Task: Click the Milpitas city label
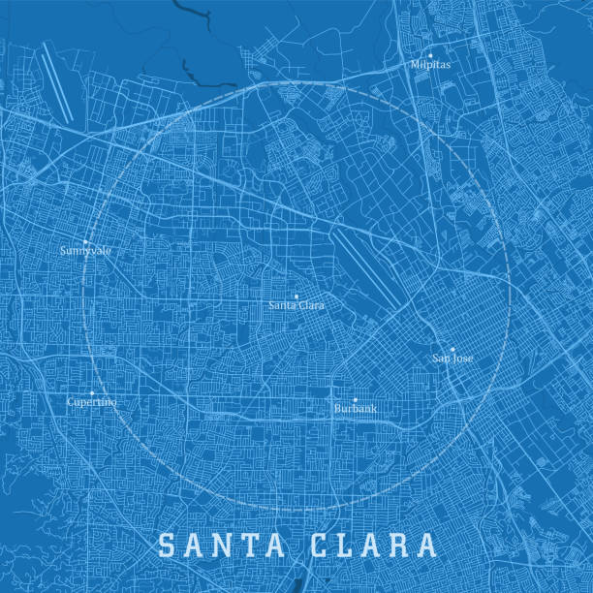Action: click(x=430, y=66)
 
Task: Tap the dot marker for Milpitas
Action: click(x=430, y=55)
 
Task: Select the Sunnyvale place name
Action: click(x=85, y=251)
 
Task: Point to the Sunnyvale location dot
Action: click(x=85, y=241)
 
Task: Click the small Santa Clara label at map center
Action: click(x=296, y=305)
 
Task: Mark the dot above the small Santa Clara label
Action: click(x=296, y=296)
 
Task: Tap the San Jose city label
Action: click(x=453, y=359)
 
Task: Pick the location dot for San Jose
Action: click(x=453, y=349)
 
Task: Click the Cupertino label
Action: click(x=92, y=402)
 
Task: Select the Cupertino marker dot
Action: click(x=92, y=392)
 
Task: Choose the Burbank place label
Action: click(x=355, y=410)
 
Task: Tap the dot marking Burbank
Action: click(x=355, y=399)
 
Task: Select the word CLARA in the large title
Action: click(x=373, y=545)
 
